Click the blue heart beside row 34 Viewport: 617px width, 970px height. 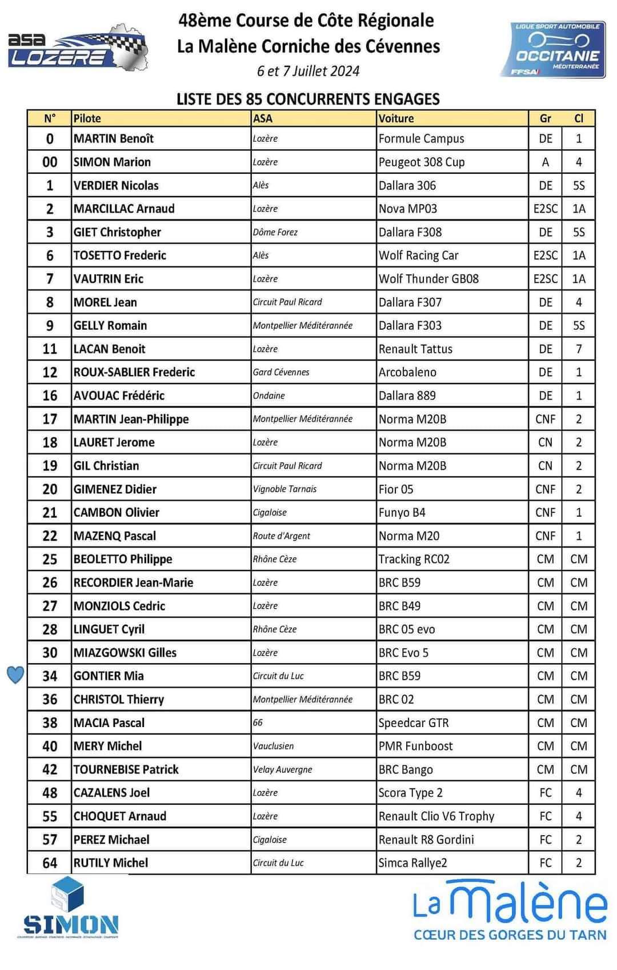coord(15,675)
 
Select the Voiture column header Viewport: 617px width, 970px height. coord(396,118)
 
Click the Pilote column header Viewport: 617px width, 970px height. coord(87,118)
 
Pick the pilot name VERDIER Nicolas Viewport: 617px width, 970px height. coord(116,185)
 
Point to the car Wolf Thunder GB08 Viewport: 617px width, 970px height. coord(428,278)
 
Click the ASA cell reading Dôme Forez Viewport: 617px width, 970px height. coord(275,232)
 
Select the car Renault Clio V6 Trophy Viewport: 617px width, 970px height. coord(436,816)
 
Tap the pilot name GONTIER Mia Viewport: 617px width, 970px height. coord(109,676)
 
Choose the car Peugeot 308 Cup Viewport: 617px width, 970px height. coord(422,162)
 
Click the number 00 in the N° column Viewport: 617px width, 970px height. coord(50,162)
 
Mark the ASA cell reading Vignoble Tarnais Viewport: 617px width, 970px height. coord(285,489)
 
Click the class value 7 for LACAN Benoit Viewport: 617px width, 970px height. coord(579,349)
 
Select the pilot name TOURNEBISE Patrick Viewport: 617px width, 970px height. coord(126,769)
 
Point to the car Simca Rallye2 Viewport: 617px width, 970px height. coord(412,863)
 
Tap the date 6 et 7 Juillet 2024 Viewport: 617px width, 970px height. coord(308,71)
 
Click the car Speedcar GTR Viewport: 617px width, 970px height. coord(414,722)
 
